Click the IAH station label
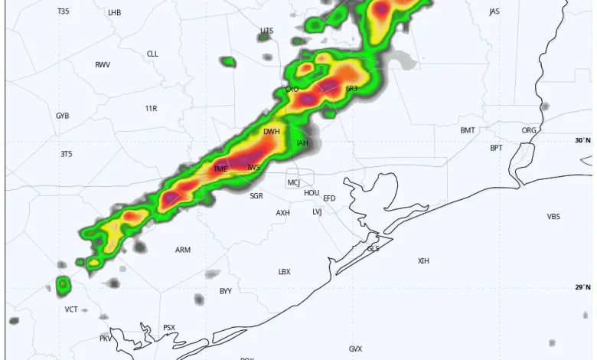click(x=302, y=143)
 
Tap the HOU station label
click(x=312, y=193)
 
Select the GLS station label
click(x=374, y=249)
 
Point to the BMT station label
click(x=468, y=131)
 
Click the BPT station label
click(x=497, y=148)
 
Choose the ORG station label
click(x=529, y=131)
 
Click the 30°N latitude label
click(x=583, y=140)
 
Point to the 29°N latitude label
click(x=583, y=287)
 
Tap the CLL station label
click(x=152, y=54)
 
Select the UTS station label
click(x=266, y=31)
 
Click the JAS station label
click(x=494, y=12)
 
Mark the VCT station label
click(x=71, y=309)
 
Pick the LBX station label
click(x=284, y=272)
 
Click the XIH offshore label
click(x=423, y=261)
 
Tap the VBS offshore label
click(x=553, y=217)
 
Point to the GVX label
click(x=355, y=349)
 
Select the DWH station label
click(x=272, y=132)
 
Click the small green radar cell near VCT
click(x=63, y=286)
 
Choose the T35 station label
click(x=63, y=12)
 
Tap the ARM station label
click(x=183, y=250)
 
